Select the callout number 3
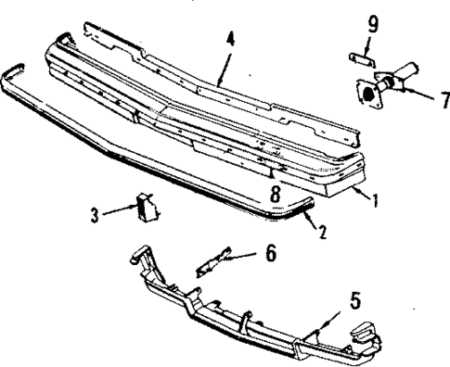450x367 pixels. [x=94, y=215]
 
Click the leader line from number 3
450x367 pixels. [x=118, y=212]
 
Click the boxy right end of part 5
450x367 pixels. [x=365, y=333]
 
